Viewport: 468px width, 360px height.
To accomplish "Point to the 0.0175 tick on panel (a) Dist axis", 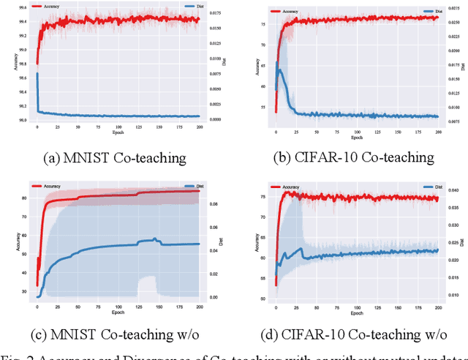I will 216,12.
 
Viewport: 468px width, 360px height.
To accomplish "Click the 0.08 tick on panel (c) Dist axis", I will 215,204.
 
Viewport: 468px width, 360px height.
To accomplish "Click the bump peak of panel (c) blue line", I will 154,239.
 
